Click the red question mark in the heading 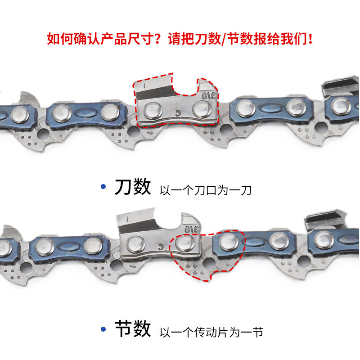point(157,38)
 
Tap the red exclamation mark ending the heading point(310,38)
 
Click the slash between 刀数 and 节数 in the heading point(223,39)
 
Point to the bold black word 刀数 point(133,186)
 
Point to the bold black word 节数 point(133,328)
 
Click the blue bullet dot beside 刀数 point(103,186)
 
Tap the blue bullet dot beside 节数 point(103,329)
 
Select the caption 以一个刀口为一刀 point(206,190)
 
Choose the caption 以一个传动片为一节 point(211,332)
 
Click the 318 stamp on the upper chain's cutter point(209,96)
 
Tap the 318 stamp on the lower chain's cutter point(192,229)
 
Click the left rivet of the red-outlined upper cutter point(153,110)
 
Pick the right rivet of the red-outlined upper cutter point(202,109)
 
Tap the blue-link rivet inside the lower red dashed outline point(229,242)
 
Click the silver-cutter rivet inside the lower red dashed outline point(185,243)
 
